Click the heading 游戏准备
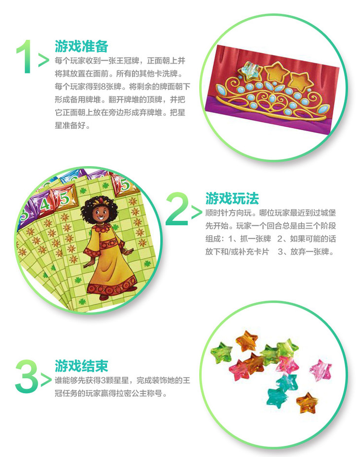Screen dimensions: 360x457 pyautogui.click(x=81, y=46)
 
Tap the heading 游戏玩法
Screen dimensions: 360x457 pyautogui.click(x=232, y=198)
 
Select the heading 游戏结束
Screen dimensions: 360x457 pyautogui.click(x=81, y=366)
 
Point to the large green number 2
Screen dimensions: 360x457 pyautogui.click(x=177, y=209)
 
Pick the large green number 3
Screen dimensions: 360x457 pyautogui.click(x=26, y=377)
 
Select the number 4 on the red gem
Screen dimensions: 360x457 pyautogui.click(x=44, y=204)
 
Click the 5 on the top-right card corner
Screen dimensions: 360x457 pyautogui.click(x=125, y=184)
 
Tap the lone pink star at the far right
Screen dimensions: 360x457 pyautogui.click(x=321, y=370)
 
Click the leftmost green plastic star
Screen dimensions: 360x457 pyautogui.click(x=221, y=352)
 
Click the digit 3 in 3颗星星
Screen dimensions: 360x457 pyautogui.click(x=103, y=381)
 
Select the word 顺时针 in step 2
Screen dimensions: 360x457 pyautogui.click(x=216, y=213)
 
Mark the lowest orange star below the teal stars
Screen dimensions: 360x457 pyautogui.click(x=305, y=403)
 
